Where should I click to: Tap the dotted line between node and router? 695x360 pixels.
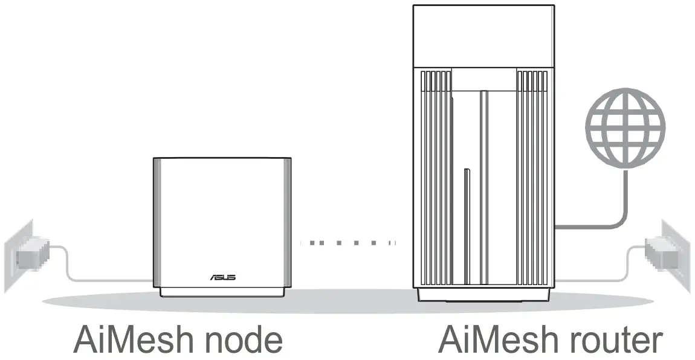[348, 243]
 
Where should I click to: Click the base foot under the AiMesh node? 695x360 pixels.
[222, 293]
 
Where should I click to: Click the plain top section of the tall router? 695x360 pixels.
[483, 35]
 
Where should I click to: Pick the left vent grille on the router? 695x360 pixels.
[434, 175]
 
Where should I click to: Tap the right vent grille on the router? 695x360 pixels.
[532, 175]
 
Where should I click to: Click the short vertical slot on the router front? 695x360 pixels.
[465, 199]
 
